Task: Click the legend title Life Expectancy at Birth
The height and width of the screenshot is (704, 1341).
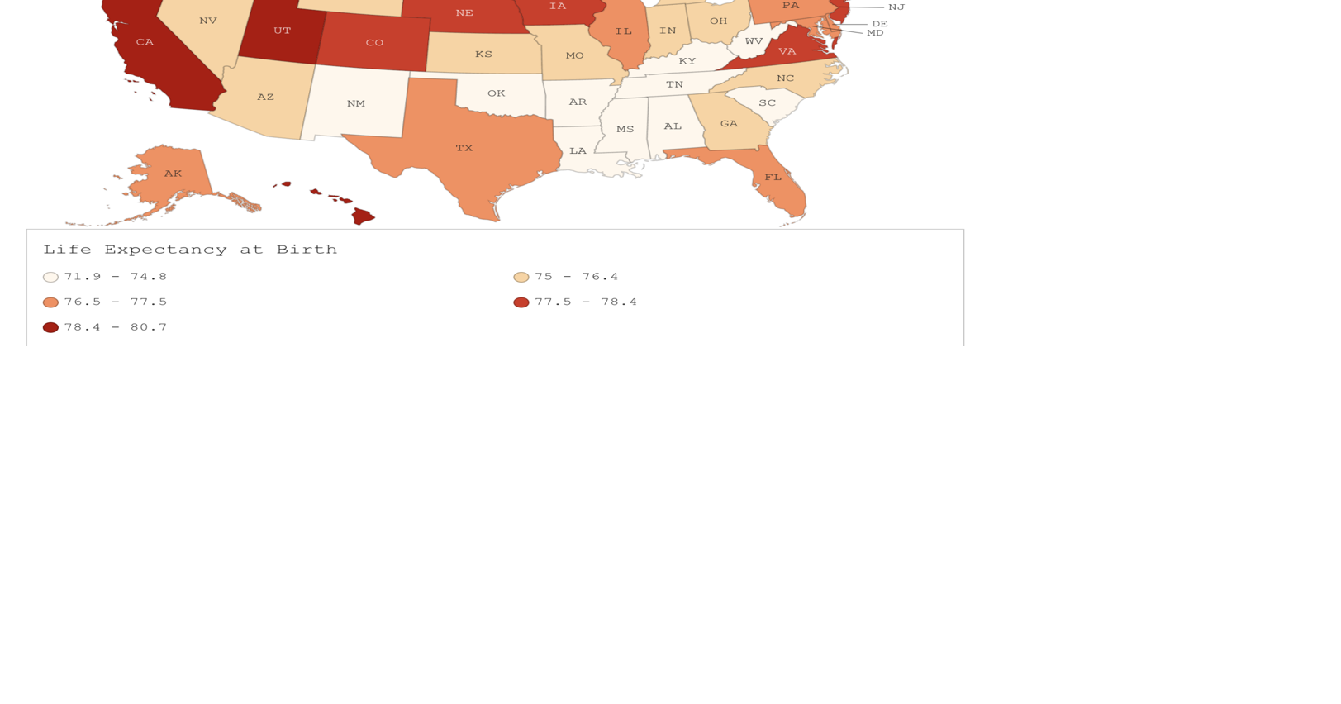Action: tap(190, 250)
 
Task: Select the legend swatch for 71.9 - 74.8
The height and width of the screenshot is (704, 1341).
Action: tap(50, 278)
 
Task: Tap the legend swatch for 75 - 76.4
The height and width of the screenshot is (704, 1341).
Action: tap(521, 278)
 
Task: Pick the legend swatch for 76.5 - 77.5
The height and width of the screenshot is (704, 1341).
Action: tap(50, 302)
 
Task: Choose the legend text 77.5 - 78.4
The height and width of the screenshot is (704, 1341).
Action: tap(586, 302)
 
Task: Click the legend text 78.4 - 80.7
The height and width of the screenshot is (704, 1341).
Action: tap(116, 327)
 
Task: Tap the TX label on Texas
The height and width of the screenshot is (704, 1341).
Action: tap(464, 148)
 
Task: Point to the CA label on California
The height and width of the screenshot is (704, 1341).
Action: tap(145, 42)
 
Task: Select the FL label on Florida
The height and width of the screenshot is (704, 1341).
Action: tap(773, 178)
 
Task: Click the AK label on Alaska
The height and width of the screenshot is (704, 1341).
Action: tap(173, 174)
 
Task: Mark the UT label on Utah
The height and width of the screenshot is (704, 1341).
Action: tap(282, 31)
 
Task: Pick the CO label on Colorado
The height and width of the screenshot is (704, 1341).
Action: tap(374, 43)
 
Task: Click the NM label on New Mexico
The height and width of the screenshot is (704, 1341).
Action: tap(356, 104)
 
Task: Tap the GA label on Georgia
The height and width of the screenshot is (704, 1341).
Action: tap(729, 124)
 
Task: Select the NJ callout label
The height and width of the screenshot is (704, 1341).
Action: tap(896, 7)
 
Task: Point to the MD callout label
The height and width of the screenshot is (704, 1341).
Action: tap(875, 33)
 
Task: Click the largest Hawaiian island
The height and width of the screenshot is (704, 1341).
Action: tap(363, 216)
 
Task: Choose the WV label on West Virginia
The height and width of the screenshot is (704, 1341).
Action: tap(754, 41)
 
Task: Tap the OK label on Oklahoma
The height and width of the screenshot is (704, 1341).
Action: tap(496, 93)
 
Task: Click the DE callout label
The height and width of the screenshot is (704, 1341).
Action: tap(880, 24)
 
